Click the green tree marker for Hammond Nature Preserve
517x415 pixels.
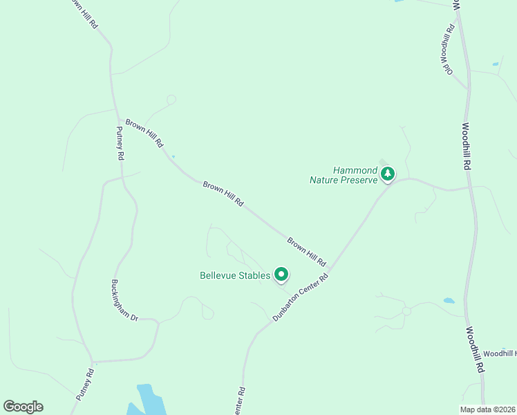[388, 173]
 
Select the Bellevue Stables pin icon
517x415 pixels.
[281, 275]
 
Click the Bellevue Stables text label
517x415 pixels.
[234, 275]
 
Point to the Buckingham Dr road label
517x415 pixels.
[124, 299]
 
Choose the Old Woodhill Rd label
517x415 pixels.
[449, 50]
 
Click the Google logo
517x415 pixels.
[23, 407]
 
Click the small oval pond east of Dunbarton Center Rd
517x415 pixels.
[449, 301]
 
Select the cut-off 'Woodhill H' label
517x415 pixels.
[499, 353]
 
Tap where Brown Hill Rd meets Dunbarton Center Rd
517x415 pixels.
[330, 269]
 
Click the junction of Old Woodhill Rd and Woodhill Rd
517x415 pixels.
[469, 88]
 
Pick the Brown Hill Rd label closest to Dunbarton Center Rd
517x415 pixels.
[306, 252]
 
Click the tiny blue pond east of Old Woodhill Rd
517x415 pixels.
[496, 65]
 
